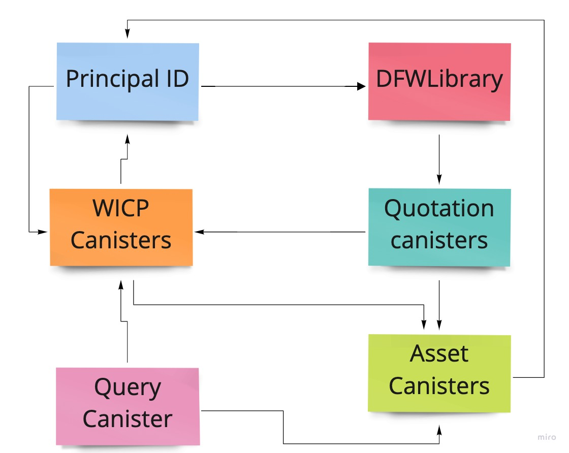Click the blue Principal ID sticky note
click(x=128, y=82)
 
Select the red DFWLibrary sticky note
click(x=439, y=82)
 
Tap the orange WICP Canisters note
click(x=121, y=228)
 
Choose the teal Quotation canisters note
click(x=439, y=228)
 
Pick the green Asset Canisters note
click(x=439, y=373)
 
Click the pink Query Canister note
click(x=128, y=406)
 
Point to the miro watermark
click(x=547, y=437)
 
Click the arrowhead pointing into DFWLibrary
click(x=361, y=86)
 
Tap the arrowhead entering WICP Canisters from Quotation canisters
click(x=199, y=232)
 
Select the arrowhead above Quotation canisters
click(x=439, y=180)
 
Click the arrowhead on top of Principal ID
click(x=128, y=34)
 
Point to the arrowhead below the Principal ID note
click(x=128, y=139)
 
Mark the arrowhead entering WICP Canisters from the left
click(x=43, y=232)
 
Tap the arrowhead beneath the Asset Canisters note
click(x=439, y=431)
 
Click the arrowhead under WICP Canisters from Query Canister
click(x=121, y=285)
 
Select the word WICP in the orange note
click(x=121, y=208)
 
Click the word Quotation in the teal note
click(x=439, y=209)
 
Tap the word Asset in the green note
click(x=439, y=353)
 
